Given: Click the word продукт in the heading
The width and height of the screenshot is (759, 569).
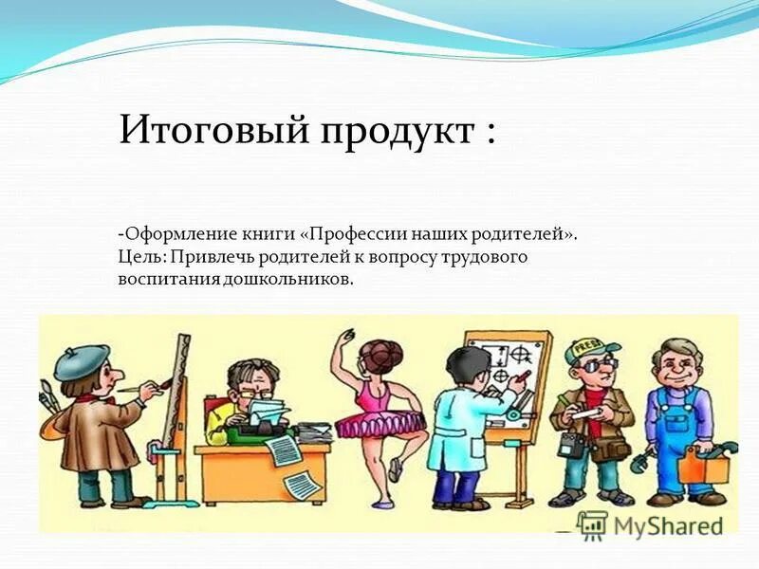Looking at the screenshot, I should [x=390, y=132].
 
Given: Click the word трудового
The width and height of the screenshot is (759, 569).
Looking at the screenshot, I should [x=480, y=257].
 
